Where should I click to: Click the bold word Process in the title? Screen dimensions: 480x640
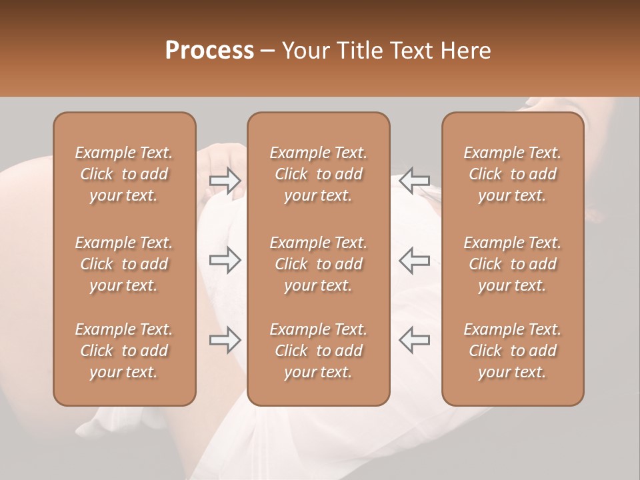209,51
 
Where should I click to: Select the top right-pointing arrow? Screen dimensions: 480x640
225,181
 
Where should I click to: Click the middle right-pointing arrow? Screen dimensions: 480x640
225,260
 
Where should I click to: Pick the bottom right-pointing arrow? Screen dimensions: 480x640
225,340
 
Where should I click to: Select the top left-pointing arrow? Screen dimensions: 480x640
415,181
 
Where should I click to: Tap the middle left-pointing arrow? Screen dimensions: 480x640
415,260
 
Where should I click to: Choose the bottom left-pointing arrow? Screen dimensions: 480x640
415,340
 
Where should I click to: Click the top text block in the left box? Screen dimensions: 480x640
124,174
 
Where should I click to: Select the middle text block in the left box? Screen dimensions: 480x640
124,264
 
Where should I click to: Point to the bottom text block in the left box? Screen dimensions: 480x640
124,351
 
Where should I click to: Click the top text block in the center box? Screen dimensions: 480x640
318,174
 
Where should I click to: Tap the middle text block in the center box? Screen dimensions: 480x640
318,264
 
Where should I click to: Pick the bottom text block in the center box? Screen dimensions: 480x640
318,351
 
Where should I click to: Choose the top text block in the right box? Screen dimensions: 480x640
512,174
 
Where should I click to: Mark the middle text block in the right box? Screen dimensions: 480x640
512,264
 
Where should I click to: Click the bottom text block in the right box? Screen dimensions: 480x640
512,351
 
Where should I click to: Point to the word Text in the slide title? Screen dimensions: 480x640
411,51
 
